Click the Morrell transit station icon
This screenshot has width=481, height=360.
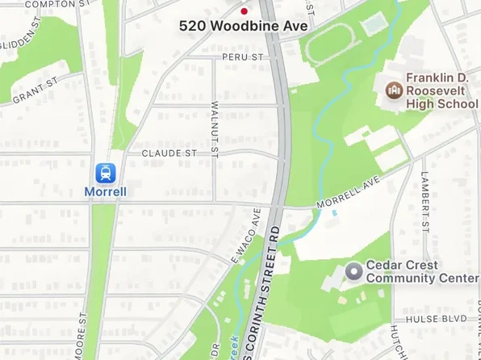pos(105,172)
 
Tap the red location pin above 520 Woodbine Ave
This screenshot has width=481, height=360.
pos(244,12)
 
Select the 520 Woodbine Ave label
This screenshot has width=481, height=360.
pos(232,26)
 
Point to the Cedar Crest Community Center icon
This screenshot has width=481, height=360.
pos(353,271)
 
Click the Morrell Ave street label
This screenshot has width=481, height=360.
pos(348,194)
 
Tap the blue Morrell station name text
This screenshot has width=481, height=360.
pos(105,192)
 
